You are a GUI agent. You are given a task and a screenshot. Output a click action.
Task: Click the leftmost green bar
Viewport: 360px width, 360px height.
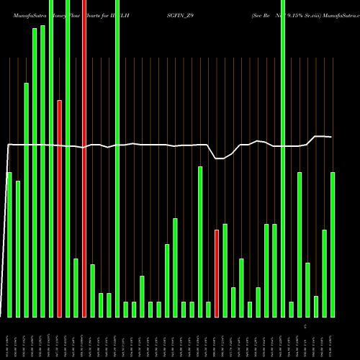(x=9, y=245)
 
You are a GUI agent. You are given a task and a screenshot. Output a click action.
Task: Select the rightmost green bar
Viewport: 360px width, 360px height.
(x=333, y=245)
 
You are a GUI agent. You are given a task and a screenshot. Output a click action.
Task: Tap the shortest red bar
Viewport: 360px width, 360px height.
(x=217, y=274)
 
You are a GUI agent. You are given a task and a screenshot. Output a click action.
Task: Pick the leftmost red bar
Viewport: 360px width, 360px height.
(x=60, y=209)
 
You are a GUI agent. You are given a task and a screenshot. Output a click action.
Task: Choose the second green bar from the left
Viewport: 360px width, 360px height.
(x=18, y=248)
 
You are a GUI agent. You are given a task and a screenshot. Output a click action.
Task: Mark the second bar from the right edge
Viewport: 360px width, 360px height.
(x=325, y=274)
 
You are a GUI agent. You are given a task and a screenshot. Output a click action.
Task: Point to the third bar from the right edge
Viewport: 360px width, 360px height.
(x=316, y=306)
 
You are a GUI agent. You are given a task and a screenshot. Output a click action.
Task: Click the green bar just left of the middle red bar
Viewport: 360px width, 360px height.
(x=76, y=288)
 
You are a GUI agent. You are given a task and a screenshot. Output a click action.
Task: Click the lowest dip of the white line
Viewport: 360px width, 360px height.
(x=219, y=158)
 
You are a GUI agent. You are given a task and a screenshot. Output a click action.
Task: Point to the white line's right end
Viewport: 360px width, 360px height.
(x=331, y=137)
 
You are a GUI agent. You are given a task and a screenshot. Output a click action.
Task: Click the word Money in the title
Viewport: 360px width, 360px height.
(x=61, y=14)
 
